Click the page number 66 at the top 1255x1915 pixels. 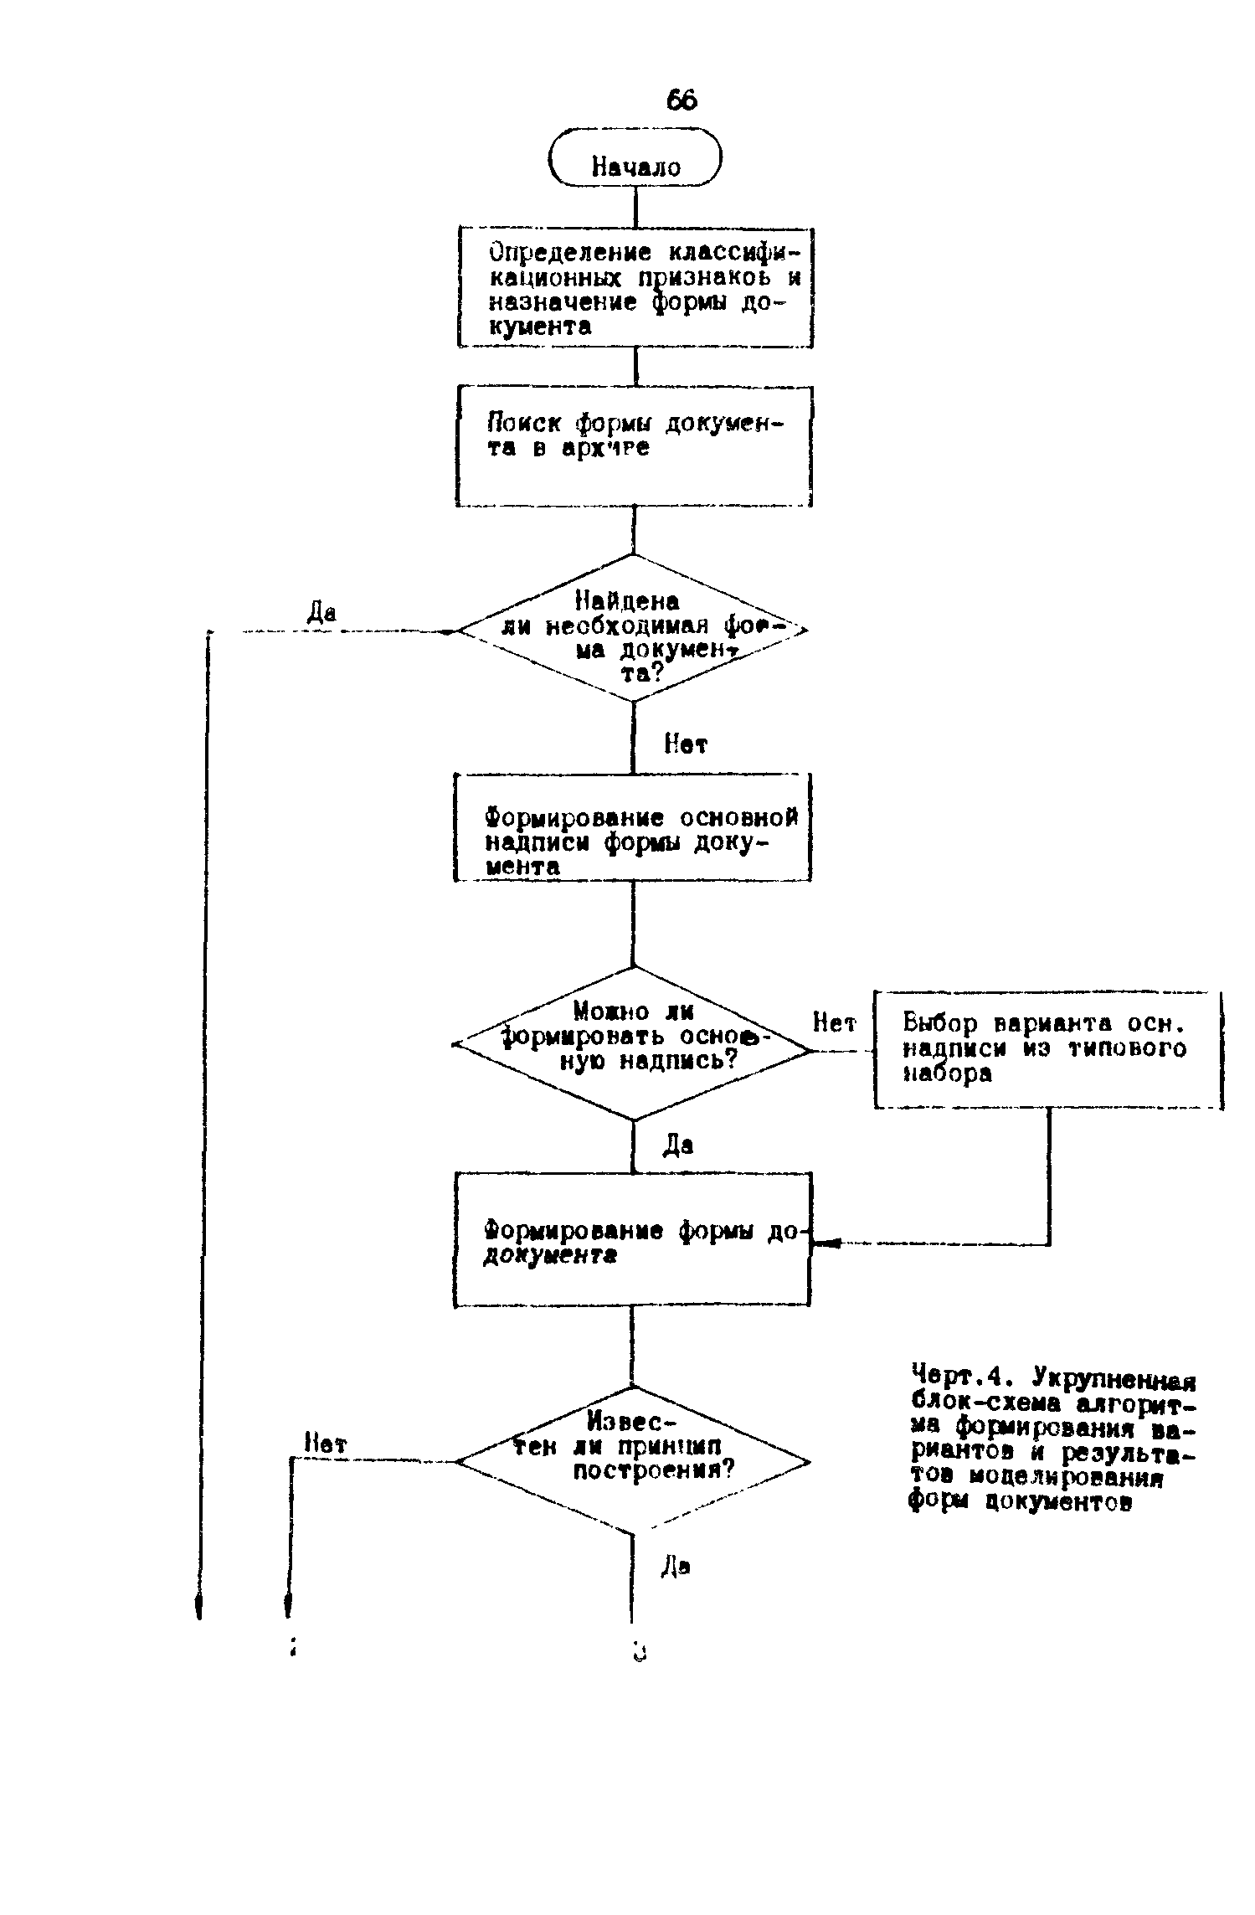pos(682,100)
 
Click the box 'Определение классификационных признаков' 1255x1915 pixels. pos(635,287)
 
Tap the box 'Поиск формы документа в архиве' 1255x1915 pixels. pos(634,445)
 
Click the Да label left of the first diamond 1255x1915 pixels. pos(321,613)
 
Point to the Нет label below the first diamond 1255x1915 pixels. pos(685,744)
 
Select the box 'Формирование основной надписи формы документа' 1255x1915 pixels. pos(632,827)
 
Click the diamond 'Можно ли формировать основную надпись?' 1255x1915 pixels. pos(633,1044)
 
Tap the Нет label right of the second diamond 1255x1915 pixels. pos(834,1023)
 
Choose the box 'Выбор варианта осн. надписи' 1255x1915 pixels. pos(1047,1050)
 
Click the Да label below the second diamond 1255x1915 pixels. pos(678,1145)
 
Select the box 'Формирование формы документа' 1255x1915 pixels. pos(632,1238)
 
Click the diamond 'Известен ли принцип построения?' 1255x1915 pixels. pos(633,1462)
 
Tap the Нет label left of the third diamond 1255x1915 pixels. pos(326,1444)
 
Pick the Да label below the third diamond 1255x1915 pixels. pos(676,1565)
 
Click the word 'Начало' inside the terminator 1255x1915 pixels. pos(636,167)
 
